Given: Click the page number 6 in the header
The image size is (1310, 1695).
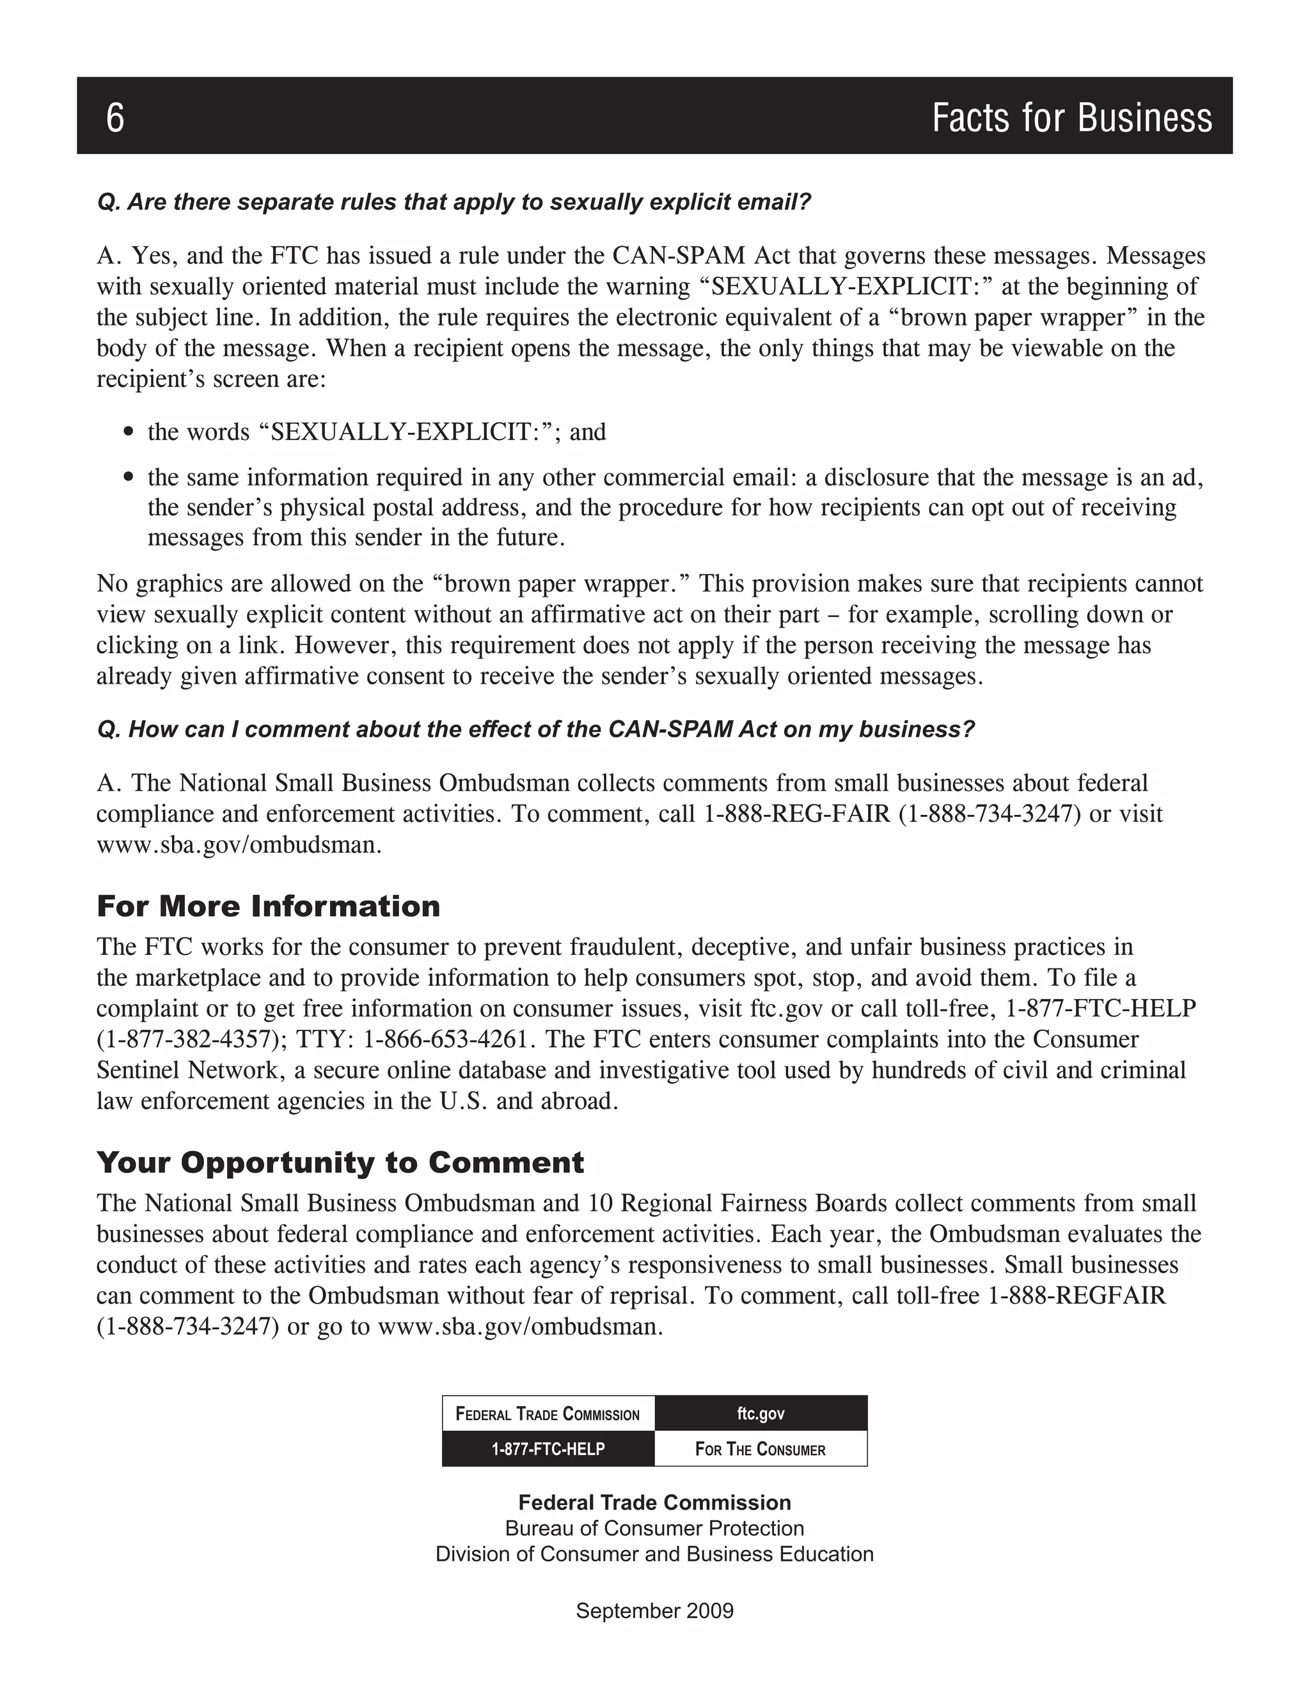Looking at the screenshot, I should tap(115, 118).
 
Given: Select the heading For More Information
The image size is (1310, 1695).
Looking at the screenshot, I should tap(268, 906).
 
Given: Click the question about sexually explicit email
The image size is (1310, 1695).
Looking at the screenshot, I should tap(454, 203).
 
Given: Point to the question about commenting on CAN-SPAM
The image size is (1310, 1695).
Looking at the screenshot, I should tap(535, 730).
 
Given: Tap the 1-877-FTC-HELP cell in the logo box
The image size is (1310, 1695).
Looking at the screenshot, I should tap(548, 1449).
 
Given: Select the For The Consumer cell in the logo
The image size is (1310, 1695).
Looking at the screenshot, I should tap(761, 1449).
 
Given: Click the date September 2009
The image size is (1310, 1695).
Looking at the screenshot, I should tap(654, 1611).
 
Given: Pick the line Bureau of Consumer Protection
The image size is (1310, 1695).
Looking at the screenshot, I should tap(654, 1528).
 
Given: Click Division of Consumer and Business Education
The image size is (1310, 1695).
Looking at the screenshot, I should tap(654, 1554).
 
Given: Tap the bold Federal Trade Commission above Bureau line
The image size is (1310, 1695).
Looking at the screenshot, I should tap(654, 1502).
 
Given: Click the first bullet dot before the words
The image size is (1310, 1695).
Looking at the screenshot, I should tap(129, 432).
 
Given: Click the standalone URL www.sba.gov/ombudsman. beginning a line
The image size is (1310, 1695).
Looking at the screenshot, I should tap(239, 845).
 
